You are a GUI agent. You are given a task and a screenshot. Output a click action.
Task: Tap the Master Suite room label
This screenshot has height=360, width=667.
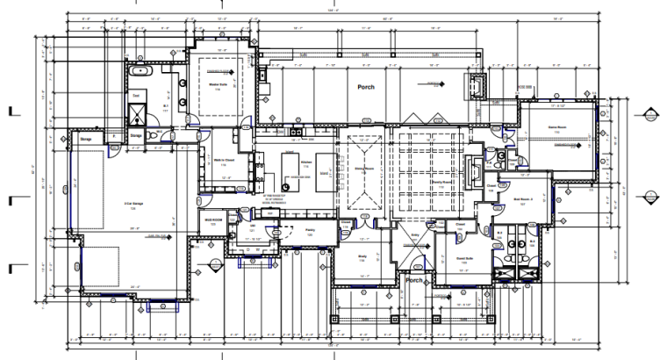click(213, 84)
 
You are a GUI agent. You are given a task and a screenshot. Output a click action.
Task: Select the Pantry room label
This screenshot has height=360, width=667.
click(309, 229)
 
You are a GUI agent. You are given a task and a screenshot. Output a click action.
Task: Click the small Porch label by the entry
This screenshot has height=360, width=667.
click(414, 281)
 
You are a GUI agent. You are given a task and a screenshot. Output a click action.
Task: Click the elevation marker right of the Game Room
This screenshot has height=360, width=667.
click(650, 112)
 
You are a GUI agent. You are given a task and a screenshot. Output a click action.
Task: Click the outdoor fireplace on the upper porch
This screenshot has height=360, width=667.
click(477, 85)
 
